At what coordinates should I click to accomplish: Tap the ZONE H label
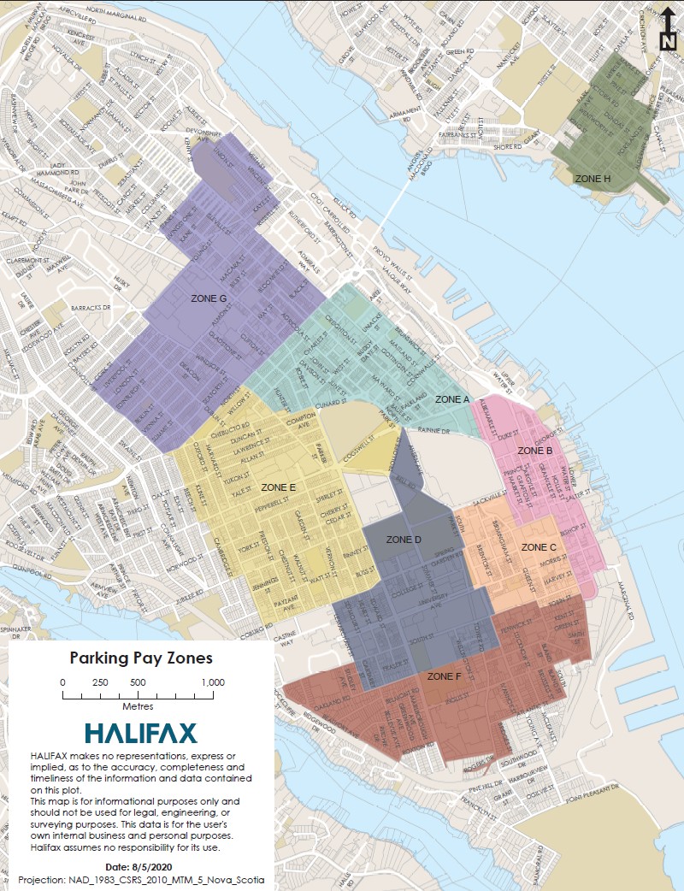[x=593, y=179]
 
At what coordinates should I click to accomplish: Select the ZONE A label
[x=452, y=399]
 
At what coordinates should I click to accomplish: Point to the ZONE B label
[x=535, y=450]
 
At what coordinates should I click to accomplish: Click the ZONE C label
[x=539, y=546]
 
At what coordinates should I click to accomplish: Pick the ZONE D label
[x=404, y=540]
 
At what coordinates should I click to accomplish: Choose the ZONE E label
[x=279, y=487]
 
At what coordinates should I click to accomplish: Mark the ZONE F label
[x=445, y=676]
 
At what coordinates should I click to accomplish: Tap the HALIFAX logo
[x=141, y=733]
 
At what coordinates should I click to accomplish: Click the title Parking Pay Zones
[x=141, y=658]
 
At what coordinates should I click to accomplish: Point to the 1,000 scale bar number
[x=213, y=682]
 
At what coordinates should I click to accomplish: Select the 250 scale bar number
[x=100, y=682]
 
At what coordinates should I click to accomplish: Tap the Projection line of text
[x=141, y=880]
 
